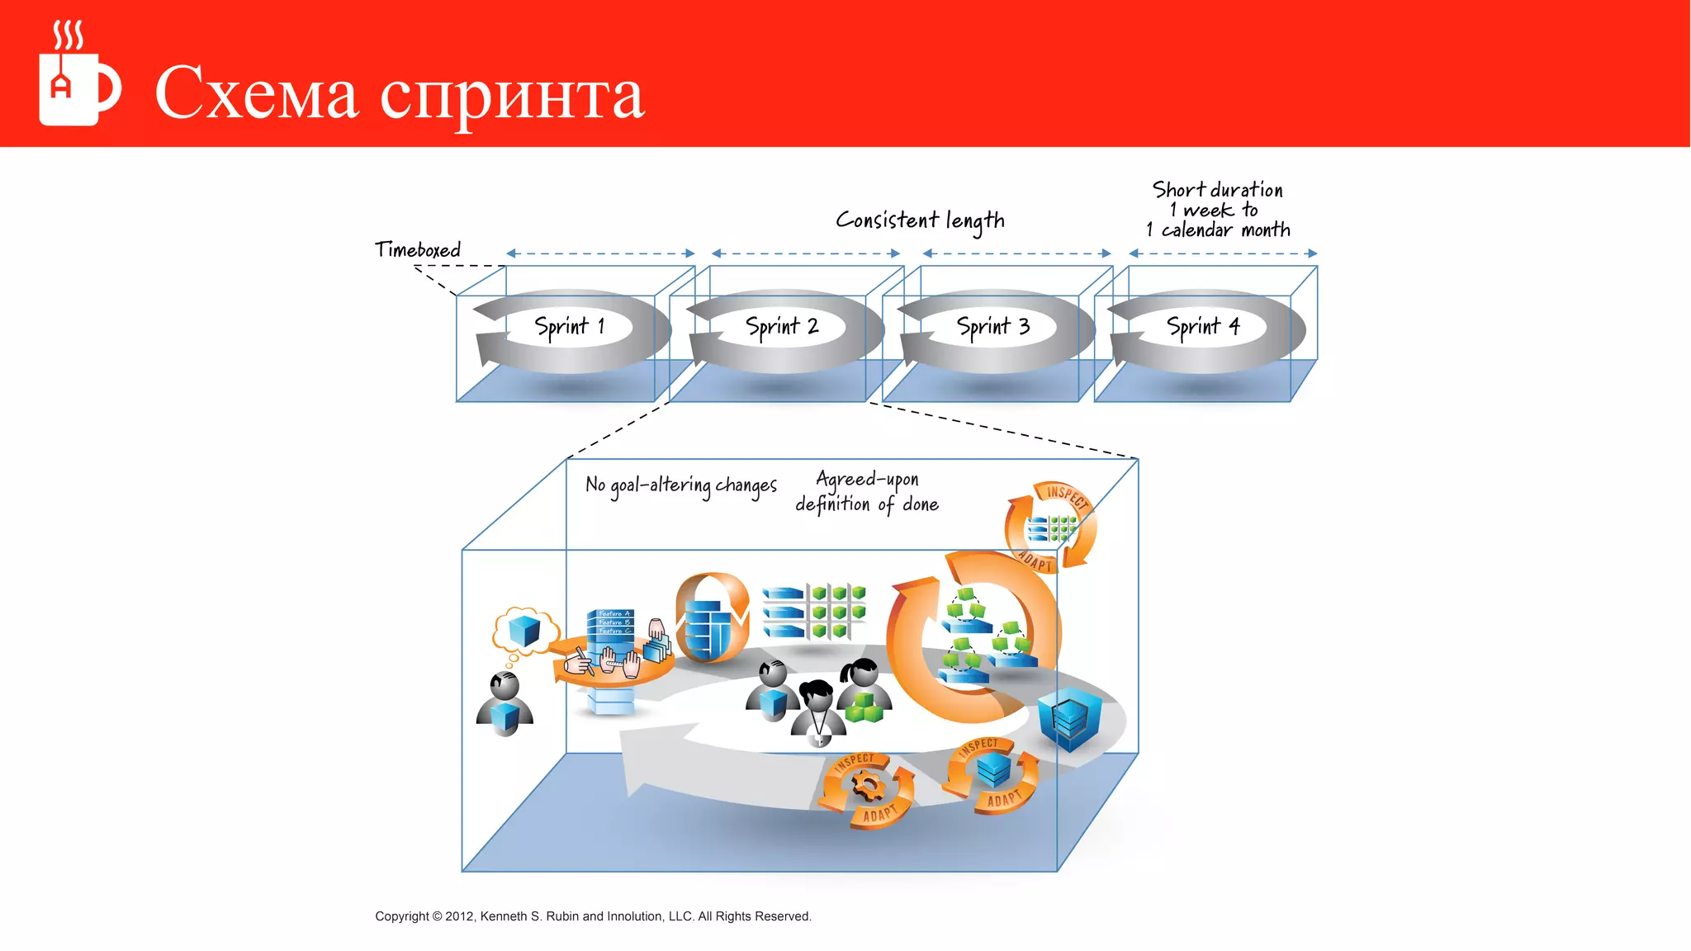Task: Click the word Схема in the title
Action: click(256, 93)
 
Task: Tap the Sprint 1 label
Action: click(570, 327)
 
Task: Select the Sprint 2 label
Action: click(781, 327)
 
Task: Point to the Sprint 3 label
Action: click(992, 327)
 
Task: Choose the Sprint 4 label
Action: click(1203, 327)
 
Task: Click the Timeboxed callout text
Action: click(418, 250)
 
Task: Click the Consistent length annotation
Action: click(920, 220)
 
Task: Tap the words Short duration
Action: click(1217, 190)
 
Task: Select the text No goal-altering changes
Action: click(681, 485)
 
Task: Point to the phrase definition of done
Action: click(867, 504)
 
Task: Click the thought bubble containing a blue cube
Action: click(523, 632)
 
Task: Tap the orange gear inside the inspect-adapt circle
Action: click(868, 785)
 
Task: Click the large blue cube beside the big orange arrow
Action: click(1069, 717)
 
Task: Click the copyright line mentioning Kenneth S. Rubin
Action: click(593, 916)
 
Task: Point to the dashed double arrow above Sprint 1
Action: click(600, 253)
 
